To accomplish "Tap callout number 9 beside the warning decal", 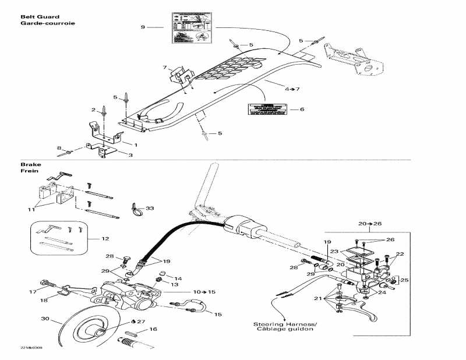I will (142, 27).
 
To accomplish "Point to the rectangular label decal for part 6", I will (267, 108).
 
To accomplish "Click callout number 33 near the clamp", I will (150, 208).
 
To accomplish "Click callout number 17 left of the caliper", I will (33, 291).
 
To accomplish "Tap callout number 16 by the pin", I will (154, 329).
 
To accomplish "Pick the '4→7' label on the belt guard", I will (292, 89).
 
